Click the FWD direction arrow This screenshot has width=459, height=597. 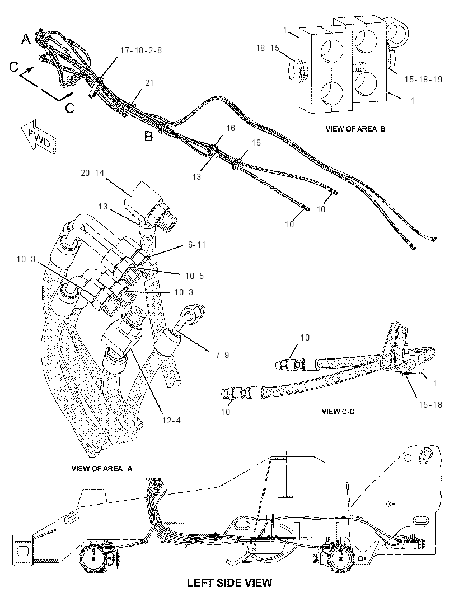click(39, 137)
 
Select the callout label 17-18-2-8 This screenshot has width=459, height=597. click(141, 50)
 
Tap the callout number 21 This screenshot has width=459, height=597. click(149, 82)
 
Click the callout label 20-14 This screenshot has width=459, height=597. click(92, 173)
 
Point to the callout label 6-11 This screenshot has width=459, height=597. click(196, 244)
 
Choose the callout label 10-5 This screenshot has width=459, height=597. click(194, 276)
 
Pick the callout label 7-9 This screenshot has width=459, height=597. click(222, 355)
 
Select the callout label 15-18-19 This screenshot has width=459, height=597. click(423, 79)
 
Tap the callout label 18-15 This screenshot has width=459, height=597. click(268, 48)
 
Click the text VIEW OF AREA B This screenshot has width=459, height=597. click(355, 129)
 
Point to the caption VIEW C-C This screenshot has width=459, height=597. click(338, 411)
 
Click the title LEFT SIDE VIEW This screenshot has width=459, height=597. click(230, 582)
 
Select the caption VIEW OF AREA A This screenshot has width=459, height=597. click(102, 468)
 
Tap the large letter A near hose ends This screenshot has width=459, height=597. click(26, 39)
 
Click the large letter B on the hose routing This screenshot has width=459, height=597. click(148, 136)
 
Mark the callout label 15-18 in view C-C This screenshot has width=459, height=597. click(430, 404)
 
